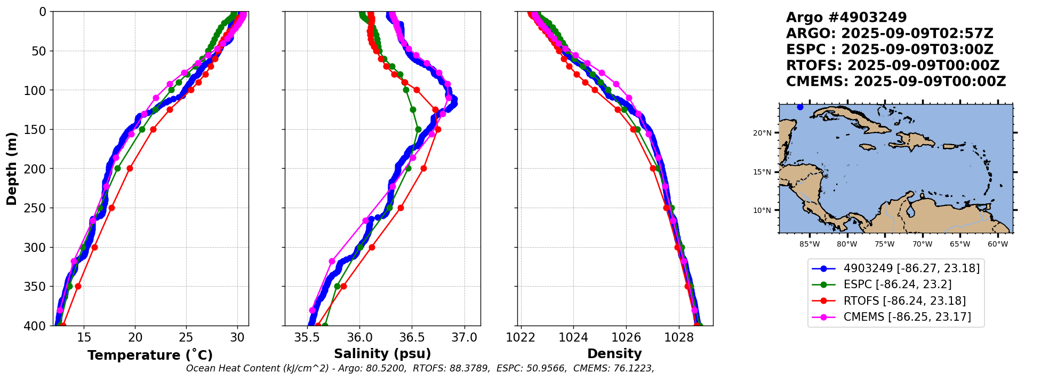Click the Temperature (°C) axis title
[150, 355]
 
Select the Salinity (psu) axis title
[382, 354]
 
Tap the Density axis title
[614, 354]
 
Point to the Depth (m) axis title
[12, 168]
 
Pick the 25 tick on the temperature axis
[186, 337]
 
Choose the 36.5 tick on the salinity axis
[412, 337]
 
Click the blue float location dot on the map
[800, 107]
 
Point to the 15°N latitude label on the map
[762, 172]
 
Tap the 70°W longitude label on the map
[922, 244]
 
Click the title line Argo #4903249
[846, 18]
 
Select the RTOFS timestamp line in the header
[892, 66]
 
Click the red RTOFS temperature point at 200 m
[130, 168]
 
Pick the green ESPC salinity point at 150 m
[418, 129]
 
